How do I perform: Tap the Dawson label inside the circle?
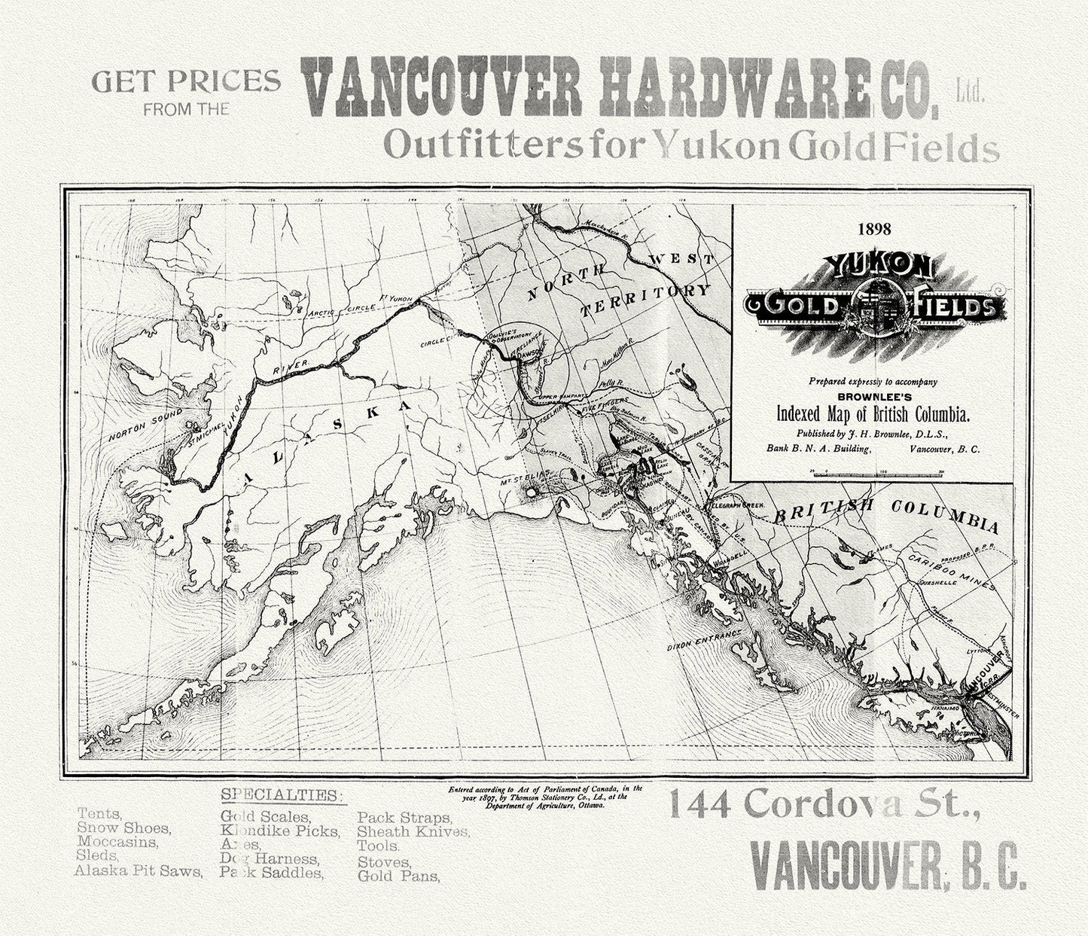pos(529,349)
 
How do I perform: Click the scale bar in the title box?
pos(876,473)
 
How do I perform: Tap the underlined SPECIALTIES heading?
pos(281,795)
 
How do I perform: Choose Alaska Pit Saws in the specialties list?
pos(139,870)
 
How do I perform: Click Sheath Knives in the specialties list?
pos(413,831)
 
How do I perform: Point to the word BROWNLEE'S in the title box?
pos(873,396)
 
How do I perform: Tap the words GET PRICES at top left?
pos(186,81)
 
